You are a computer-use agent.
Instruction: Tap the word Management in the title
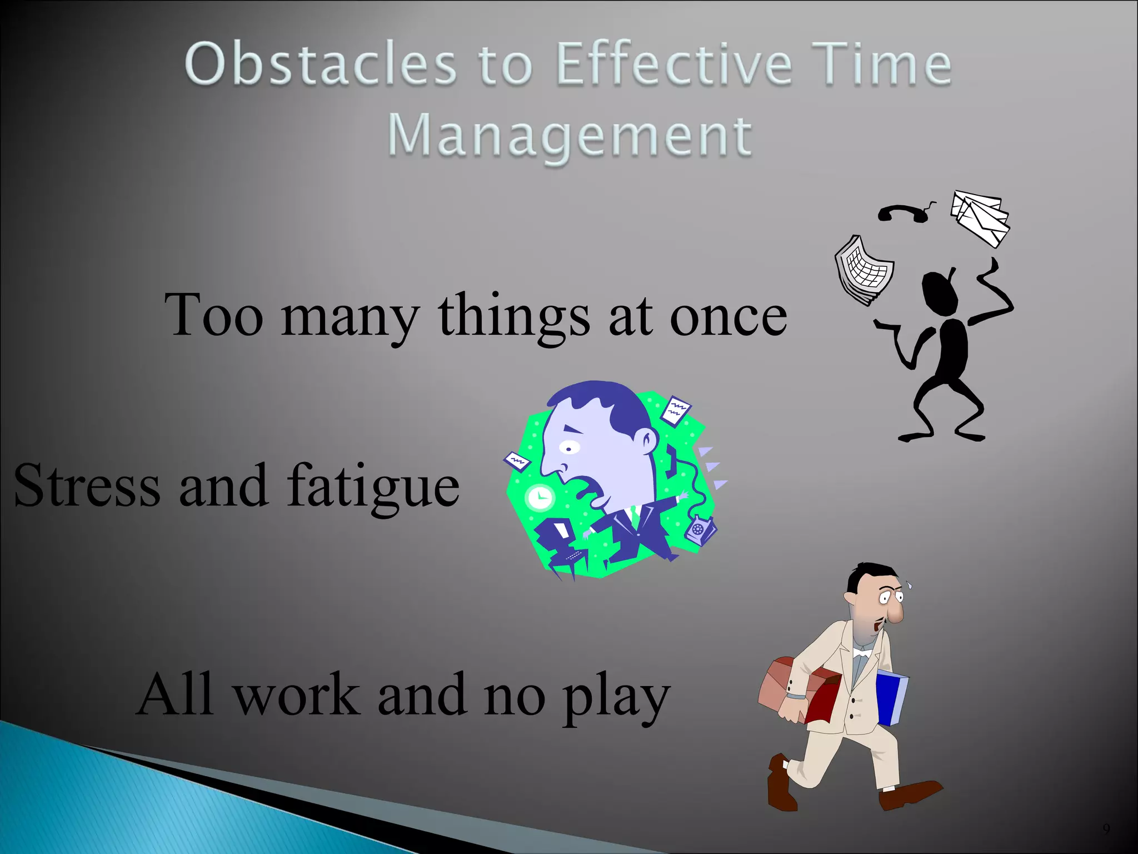point(570,136)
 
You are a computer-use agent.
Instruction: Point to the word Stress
point(87,485)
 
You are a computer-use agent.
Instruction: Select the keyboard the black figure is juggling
point(864,270)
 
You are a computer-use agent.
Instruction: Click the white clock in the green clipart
point(540,497)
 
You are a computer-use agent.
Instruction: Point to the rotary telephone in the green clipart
point(700,529)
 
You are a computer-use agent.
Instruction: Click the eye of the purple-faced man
point(568,446)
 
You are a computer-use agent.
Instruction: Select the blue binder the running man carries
point(891,698)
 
